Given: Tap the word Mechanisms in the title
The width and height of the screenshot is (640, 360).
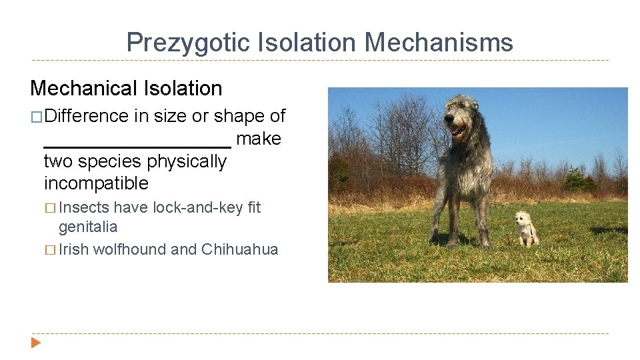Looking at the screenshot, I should [439, 43].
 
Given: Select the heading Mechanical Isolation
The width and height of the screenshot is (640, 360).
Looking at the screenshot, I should [126, 88].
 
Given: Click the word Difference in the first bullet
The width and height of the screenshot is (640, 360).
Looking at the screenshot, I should [88, 116].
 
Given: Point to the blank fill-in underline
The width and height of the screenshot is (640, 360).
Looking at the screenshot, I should [137, 143].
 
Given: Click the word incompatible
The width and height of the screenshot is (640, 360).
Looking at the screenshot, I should [96, 183].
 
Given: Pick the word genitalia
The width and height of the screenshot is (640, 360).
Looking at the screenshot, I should [88, 227].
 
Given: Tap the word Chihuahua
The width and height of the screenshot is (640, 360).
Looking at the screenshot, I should [239, 249].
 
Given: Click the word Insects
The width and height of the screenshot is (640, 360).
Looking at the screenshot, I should [84, 207].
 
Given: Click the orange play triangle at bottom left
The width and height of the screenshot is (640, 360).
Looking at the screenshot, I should [36, 343].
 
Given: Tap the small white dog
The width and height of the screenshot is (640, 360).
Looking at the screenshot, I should [527, 229].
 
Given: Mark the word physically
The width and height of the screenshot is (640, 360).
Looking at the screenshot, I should [187, 162].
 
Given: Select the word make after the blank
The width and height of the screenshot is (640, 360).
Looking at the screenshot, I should [259, 139].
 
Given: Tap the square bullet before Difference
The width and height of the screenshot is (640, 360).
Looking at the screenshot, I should [37, 117].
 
